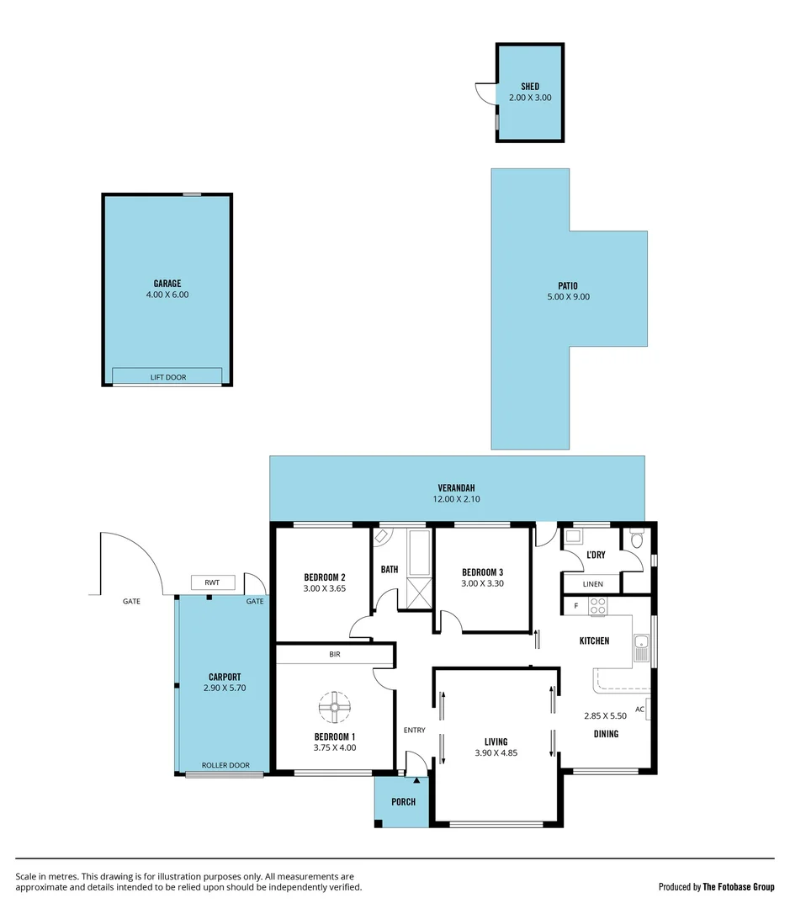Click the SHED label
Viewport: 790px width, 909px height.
point(529,87)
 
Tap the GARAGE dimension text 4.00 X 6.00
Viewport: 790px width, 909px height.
point(167,295)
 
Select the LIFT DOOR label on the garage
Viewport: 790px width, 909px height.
point(168,377)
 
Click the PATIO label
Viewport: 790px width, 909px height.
point(568,285)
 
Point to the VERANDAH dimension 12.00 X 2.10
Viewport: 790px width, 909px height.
point(457,499)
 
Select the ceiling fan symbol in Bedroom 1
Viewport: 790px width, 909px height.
point(335,707)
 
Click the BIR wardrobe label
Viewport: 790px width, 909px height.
point(334,654)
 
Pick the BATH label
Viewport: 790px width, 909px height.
point(390,570)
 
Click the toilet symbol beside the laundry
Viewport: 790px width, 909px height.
point(637,539)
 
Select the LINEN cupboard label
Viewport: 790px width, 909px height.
point(592,584)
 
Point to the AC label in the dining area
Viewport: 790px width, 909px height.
point(639,710)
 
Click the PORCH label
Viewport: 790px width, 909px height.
point(403,801)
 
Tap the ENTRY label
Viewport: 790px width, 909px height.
point(414,730)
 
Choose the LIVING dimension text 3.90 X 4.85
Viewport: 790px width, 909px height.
point(496,753)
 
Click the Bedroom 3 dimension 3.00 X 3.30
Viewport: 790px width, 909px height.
point(482,583)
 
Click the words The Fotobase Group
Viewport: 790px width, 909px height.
point(739,886)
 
